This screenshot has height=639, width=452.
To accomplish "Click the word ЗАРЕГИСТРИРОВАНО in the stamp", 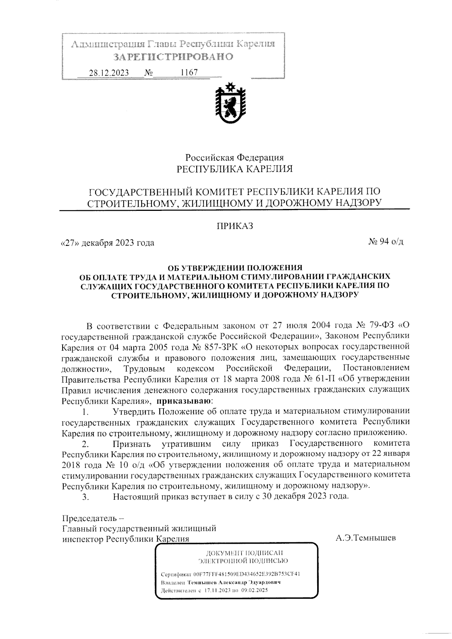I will click(x=173, y=57).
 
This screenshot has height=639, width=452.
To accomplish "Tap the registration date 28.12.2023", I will click(x=108, y=72).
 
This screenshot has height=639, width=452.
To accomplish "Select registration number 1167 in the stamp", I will click(x=189, y=72).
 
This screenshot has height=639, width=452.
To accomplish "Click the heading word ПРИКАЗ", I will click(x=235, y=226).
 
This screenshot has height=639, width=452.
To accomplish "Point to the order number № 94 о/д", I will click(x=386, y=242).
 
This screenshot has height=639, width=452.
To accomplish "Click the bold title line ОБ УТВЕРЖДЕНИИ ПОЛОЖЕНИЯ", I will click(x=235, y=268).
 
